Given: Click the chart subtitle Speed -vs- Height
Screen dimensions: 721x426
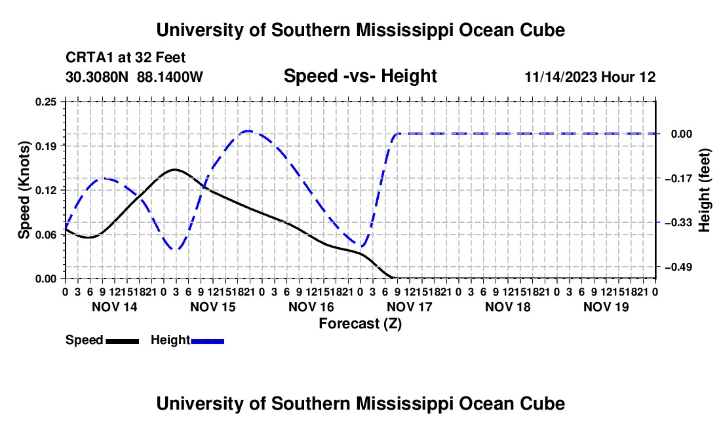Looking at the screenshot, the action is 360,76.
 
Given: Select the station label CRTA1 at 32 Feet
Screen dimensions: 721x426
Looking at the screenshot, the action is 126,58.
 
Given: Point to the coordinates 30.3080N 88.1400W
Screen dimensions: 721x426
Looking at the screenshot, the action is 134,77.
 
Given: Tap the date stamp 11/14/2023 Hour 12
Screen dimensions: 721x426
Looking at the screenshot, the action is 590,77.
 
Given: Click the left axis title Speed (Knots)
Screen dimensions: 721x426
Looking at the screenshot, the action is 24,190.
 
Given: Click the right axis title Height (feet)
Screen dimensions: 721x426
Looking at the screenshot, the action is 704,190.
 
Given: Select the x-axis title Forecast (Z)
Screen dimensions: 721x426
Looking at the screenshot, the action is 360,324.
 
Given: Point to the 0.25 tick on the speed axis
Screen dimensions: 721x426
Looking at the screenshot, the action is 46,102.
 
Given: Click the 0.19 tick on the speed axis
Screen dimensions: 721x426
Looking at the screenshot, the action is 46,146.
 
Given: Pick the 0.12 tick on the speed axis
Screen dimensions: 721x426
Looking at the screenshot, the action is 46,190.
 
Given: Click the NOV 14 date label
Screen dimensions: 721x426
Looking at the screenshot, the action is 115,307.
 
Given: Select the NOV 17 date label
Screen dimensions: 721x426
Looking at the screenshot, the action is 410,307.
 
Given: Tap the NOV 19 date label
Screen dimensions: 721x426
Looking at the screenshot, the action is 606,307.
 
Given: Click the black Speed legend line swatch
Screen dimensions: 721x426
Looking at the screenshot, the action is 123,341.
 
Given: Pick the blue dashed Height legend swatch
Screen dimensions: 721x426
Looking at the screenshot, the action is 207,341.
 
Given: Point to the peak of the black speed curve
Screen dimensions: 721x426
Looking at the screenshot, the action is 175,170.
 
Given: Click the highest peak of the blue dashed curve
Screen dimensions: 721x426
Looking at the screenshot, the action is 248,131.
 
